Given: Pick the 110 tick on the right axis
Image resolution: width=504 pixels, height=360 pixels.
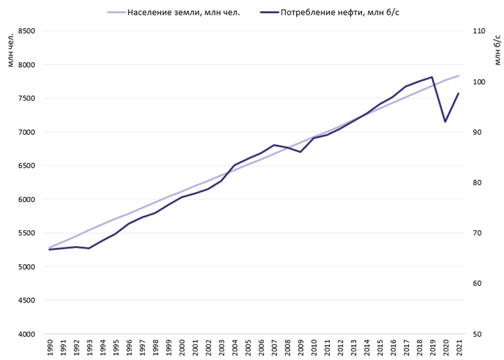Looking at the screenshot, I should coord(478,31).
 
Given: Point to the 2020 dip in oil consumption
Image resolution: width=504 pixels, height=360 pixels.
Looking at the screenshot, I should coord(445,122).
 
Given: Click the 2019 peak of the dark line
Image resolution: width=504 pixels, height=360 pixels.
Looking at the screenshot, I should coord(432,77).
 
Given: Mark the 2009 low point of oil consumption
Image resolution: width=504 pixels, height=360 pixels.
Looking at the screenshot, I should coord(300,152).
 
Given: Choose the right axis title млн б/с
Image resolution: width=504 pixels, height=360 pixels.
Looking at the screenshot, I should coord(496,48).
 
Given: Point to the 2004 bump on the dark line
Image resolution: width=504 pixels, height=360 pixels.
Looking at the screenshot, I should coord(235,165).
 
